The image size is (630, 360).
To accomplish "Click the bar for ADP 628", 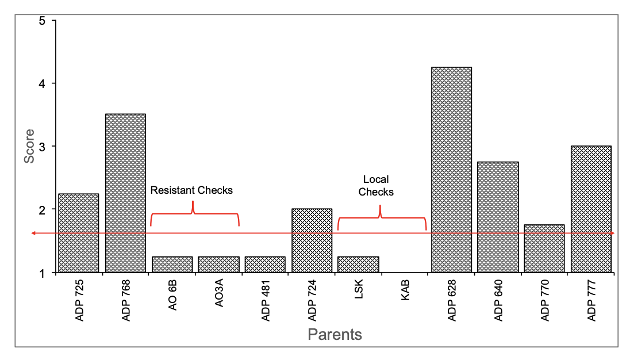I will click(x=451, y=170).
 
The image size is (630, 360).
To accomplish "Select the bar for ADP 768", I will click(x=125, y=193).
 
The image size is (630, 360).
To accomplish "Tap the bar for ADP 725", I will click(x=79, y=233).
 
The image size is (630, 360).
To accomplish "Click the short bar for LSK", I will click(x=358, y=265).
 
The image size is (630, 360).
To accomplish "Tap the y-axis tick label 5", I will click(x=42, y=20).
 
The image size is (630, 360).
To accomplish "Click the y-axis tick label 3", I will click(x=42, y=147).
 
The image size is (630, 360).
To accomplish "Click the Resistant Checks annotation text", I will click(x=191, y=190).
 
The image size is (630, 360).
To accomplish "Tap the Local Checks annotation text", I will click(x=376, y=186).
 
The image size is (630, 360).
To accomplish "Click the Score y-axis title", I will click(x=29, y=145).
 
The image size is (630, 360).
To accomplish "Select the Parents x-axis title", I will click(x=335, y=334).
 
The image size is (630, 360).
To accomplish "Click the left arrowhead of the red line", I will click(x=33, y=233).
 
